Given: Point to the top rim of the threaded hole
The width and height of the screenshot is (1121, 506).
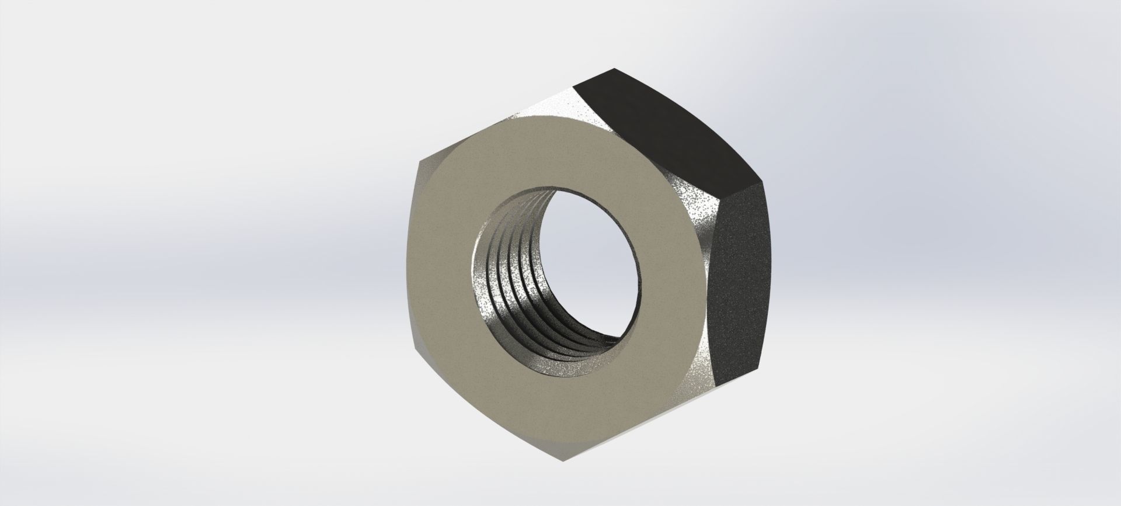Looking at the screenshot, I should [x=560, y=187].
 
